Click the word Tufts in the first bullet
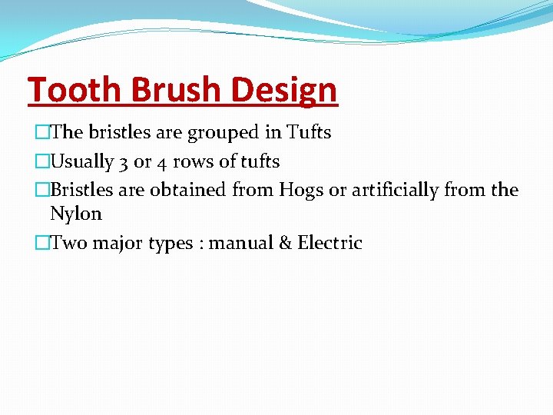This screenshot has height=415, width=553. (x=309, y=132)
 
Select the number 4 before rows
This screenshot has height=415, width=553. (x=163, y=162)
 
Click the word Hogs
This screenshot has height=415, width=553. (x=301, y=191)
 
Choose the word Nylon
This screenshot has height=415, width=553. (x=76, y=214)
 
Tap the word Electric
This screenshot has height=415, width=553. (x=330, y=244)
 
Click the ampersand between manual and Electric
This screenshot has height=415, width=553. (x=285, y=244)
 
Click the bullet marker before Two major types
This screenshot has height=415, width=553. (x=41, y=244)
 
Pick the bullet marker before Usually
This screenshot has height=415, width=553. (x=41, y=162)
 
